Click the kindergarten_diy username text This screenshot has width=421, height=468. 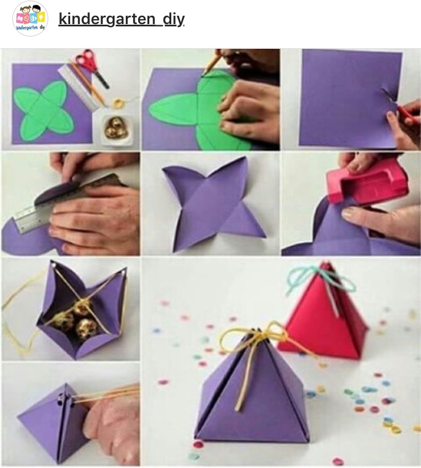click(x=121, y=19)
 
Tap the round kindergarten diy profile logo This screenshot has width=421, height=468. click(x=30, y=19)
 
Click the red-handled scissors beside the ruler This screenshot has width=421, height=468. click(x=91, y=67)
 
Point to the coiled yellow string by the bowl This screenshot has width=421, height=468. click(x=117, y=104)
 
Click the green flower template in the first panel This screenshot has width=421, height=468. click(x=43, y=111)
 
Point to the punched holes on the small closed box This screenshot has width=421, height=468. click(x=66, y=401)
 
